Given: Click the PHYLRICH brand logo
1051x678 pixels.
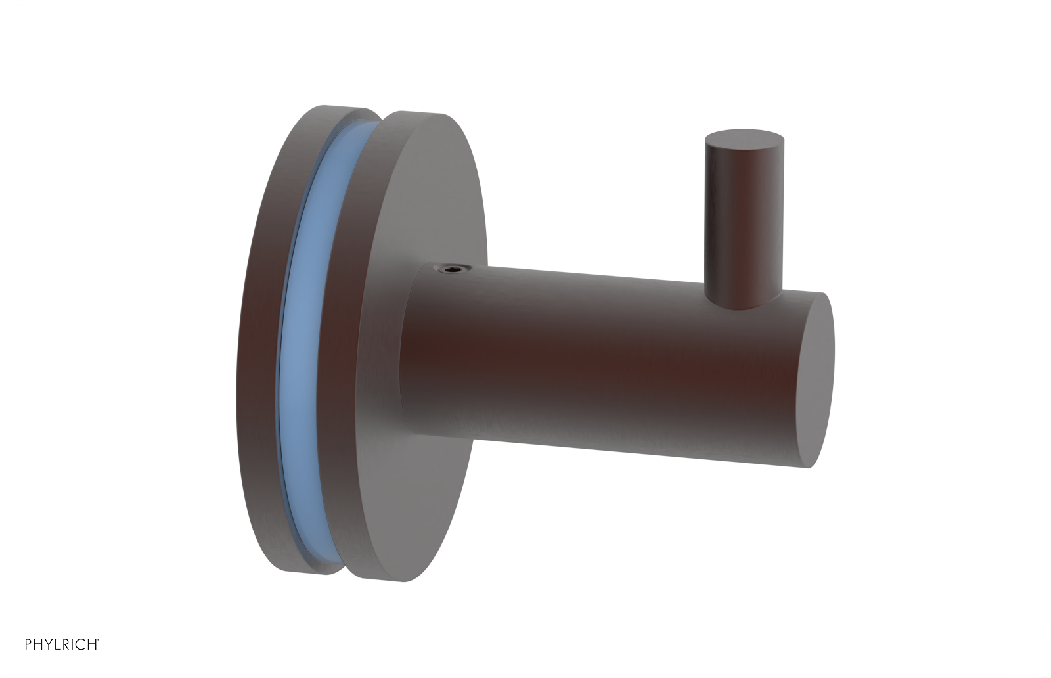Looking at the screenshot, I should (x=61, y=644).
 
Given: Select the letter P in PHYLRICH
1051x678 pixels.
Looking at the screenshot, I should (x=28, y=644).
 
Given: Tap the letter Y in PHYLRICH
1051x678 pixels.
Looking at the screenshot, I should (x=47, y=644).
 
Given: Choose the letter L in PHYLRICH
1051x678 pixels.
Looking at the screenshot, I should (x=55, y=644).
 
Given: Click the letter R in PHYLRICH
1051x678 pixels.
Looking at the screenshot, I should (x=63, y=644).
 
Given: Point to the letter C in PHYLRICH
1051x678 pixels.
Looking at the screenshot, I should (x=78, y=644).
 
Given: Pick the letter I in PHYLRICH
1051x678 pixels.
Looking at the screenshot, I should (x=70, y=644).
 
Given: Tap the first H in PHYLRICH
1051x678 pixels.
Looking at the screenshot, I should (x=37, y=644).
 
